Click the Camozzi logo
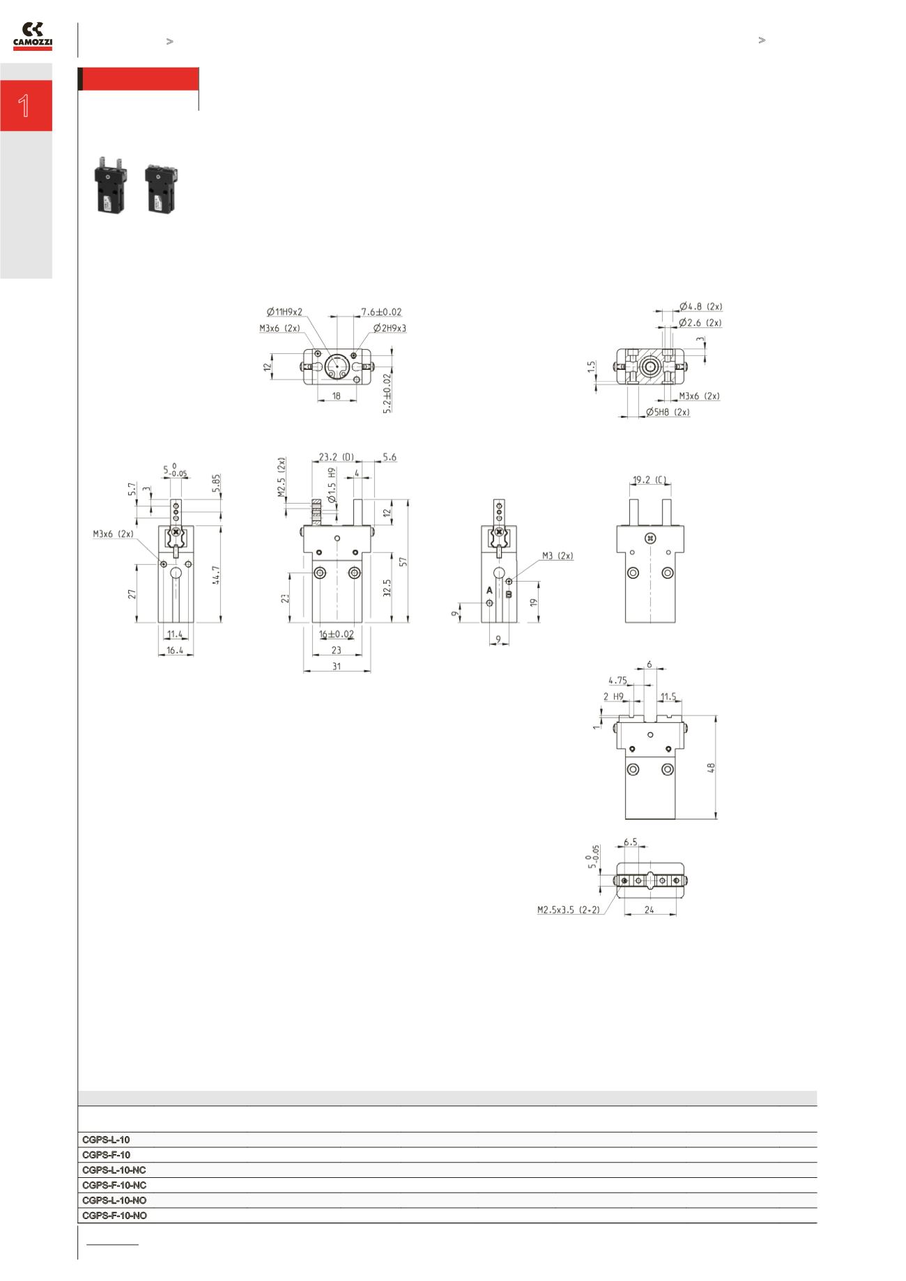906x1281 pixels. [33, 36]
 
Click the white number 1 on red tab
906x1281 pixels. [24, 106]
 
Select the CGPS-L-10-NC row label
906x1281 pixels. [114, 1170]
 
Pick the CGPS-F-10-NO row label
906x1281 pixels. [114, 1215]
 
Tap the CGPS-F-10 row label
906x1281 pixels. [106, 1154]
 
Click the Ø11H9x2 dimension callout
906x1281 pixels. [284, 312]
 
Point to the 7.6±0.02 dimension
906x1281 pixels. [381, 312]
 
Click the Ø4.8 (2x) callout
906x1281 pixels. [700, 306]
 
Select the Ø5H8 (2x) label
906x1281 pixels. [668, 412]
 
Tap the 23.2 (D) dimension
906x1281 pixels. [336, 457]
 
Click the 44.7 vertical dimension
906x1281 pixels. [217, 575]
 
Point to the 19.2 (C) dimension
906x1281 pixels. [649, 479]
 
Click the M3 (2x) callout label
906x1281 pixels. [558, 556]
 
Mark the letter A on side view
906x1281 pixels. [489, 590]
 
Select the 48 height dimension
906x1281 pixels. [711, 768]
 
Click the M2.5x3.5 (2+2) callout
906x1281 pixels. [568, 910]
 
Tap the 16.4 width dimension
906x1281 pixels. [175, 650]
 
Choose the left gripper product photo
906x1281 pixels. [109, 185]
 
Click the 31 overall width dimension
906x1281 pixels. [337, 666]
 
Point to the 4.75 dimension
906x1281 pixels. [617, 681]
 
